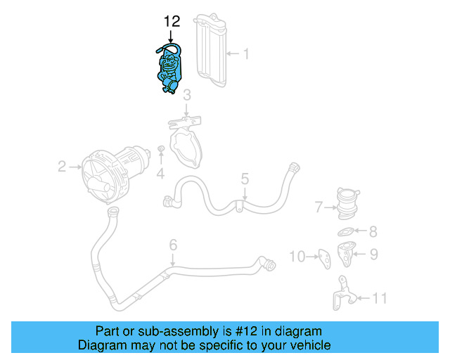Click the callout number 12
coord(172,22)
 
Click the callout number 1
coord(245,53)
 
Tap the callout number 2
coord(62,167)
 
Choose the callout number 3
coord(187,95)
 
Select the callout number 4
coord(161,173)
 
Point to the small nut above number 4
coord(161,149)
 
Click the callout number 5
coord(245,179)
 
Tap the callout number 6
coord(172,245)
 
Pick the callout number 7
coord(319,207)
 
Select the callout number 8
coord(373,231)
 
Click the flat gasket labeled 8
coord(345,231)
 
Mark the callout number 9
coord(373,254)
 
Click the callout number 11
coord(379,299)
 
